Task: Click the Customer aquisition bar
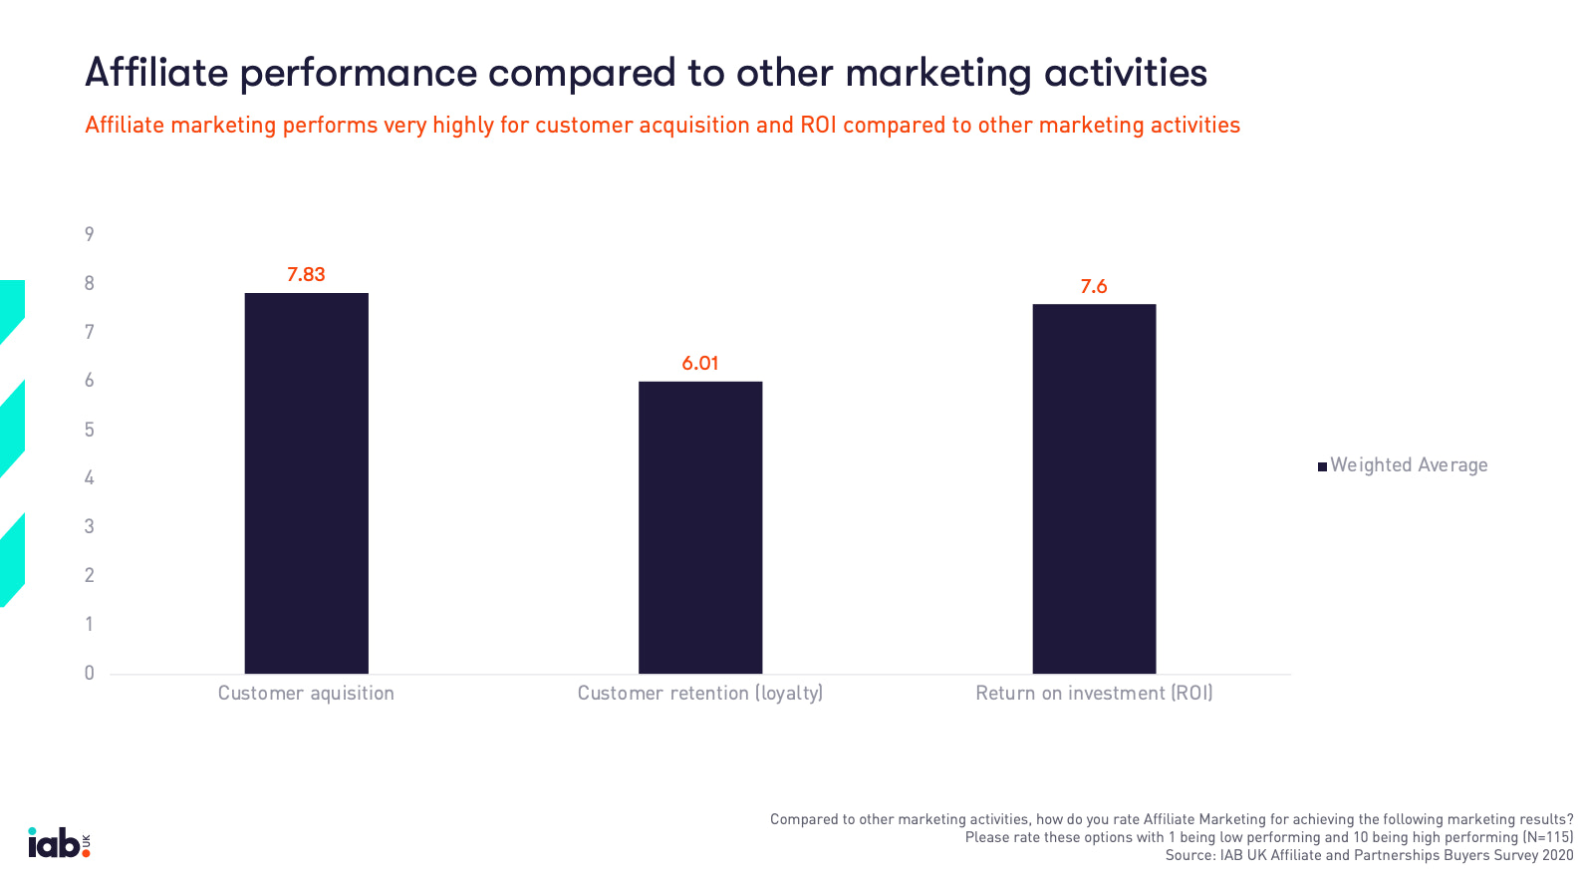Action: coord(306,483)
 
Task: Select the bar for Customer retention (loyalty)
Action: coord(699,527)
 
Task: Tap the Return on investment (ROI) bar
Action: coord(1094,488)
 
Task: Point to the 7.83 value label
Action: coord(306,275)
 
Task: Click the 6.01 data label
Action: coord(699,364)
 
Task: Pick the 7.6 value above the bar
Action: coord(1094,287)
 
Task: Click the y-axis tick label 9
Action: coord(90,234)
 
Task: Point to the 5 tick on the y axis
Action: coord(90,430)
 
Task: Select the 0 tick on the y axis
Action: coord(90,673)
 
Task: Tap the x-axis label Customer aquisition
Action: coord(306,694)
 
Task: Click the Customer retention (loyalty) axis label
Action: coord(699,694)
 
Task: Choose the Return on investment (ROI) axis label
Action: coord(1094,694)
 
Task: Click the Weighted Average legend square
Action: coord(1322,466)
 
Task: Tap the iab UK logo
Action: coord(59,843)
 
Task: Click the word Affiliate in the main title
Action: coord(156,73)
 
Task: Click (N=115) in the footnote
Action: coord(1547,837)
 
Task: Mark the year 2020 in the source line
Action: coord(1557,855)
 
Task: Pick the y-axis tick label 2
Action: coord(90,575)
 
